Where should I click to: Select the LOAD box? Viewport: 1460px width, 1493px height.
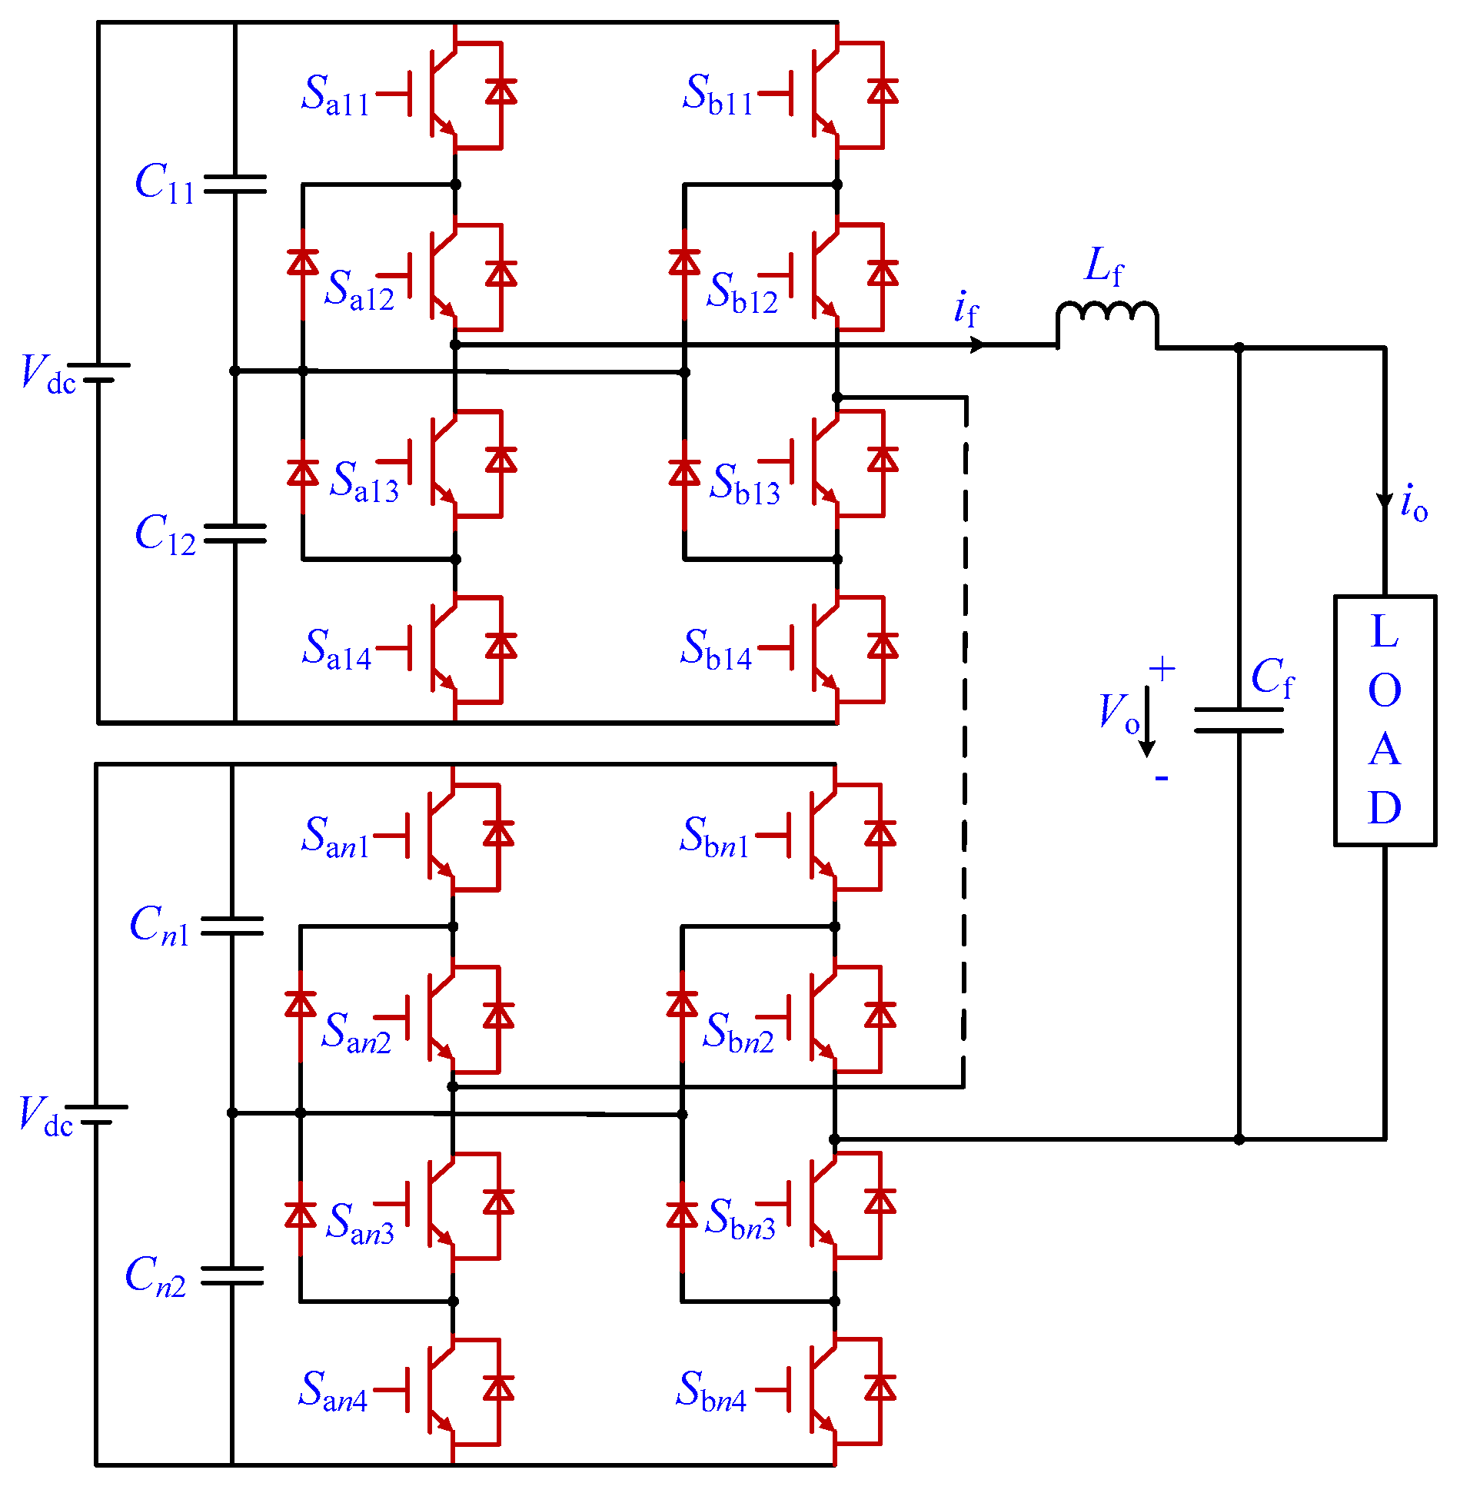1385,720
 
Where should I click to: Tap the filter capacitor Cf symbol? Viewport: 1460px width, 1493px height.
1239,720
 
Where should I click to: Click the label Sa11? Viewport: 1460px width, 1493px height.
335,95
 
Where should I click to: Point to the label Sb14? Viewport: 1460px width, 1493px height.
716,650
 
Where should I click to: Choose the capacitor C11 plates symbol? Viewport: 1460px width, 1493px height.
234,184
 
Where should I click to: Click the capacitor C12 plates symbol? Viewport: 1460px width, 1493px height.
234,534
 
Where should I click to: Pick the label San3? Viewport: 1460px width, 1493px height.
360,1222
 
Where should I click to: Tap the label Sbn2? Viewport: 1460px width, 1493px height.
738,1032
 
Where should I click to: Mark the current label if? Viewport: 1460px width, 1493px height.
966,310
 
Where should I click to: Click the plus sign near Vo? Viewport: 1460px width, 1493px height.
1162,669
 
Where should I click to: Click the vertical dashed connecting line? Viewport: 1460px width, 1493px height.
965,738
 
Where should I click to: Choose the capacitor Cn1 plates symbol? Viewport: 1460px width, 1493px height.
232,926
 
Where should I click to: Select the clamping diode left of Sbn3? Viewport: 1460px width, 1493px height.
682,1215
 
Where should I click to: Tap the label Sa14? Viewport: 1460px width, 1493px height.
337,650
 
